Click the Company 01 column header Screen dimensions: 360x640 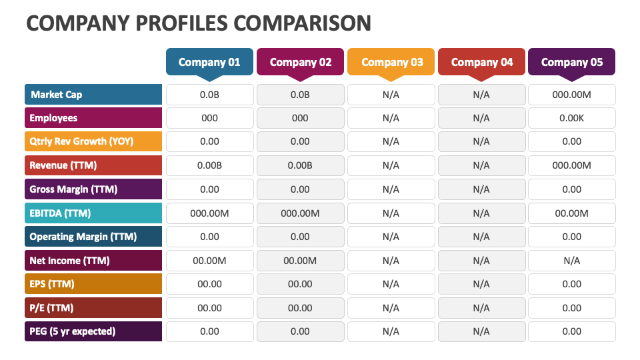pyautogui.click(x=209, y=62)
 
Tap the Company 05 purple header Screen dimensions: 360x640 pyautogui.click(x=571, y=62)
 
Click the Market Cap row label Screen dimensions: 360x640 pyautogui.click(x=93, y=95)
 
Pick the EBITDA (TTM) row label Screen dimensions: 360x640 pyautogui.click(x=93, y=213)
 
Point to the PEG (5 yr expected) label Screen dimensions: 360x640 pyautogui.click(x=93, y=331)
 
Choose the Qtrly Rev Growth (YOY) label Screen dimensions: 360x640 pyautogui.click(x=93, y=142)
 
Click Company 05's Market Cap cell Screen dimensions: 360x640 pyautogui.click(x=571, y=95)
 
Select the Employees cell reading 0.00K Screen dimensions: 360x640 pyautogui.click(x=571, y=118)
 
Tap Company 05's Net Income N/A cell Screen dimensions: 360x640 pyautogui.click(x=571, y=261)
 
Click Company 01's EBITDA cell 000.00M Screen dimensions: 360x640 pyautogui.click(x=209, y=213)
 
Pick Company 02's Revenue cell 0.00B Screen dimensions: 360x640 pyautogui.click(x=300, y=165)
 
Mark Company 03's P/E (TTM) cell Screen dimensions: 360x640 pyautogui.click(x=391, y=308)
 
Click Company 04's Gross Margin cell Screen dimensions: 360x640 pyautogui.click(x=481, y=189)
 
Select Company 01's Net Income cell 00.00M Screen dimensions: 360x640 pyautogui.click(x=209, y=261)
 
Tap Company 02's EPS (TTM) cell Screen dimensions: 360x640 pyautogui.click(x=300, y=284)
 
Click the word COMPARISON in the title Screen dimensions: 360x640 pyautogui.click(x=303, y=23)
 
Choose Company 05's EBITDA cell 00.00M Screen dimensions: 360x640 pyautogui.click(x=571, y=213)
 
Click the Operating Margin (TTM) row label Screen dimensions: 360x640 pyautogui.click(x=93, y=237)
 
